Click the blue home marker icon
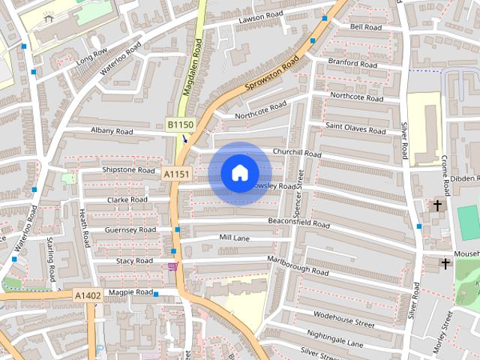click(x=239, y=173)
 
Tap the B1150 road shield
click(x=180, y=124)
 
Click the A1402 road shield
click(x=88, y=296)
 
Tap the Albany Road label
click(x=112, y=131)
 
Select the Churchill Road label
click(x=297, y=152)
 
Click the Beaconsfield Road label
click(x=298, y=223)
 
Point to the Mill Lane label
click(x=234, y=237)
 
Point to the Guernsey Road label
click(x=130, y=229)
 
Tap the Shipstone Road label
click(x=128, y=169)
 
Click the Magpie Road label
click(x=130, y=292)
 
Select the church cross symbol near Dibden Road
click(x=437, y=204)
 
